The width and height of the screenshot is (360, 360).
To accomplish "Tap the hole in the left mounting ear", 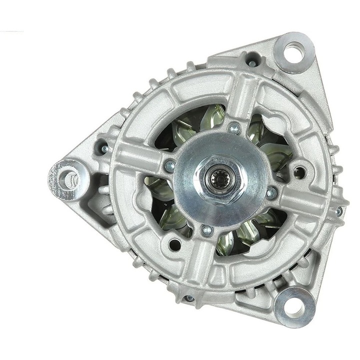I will [65, 175].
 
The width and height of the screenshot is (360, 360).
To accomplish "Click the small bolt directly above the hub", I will [233, 128].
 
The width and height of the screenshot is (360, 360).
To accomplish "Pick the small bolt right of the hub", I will [271, 192].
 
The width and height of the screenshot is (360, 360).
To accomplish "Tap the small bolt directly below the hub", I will [207, 230].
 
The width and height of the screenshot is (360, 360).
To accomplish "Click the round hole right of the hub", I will [299, 172].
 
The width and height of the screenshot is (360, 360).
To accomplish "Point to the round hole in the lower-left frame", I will [175, 244].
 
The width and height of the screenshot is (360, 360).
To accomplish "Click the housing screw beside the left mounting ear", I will [103, 148].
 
